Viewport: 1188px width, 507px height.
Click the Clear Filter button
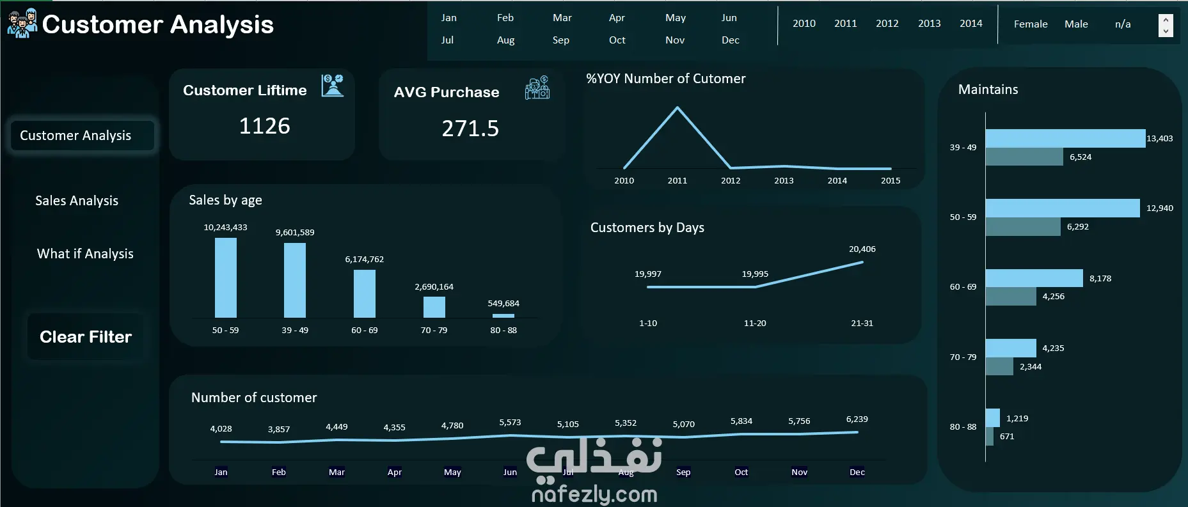click(86, 337)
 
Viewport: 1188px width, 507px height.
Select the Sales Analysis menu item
click(77, 201)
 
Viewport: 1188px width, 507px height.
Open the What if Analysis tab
click(85, 254)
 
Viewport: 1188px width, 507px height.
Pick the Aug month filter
click(505, 40)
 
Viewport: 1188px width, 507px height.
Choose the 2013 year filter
click(929, 24)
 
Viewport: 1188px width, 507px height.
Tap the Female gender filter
click(1031, 24)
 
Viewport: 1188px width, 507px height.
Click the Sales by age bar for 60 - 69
click(365, 293)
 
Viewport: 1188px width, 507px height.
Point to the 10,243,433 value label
click(225, 228)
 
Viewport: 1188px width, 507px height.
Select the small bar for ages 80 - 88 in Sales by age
click(503, 316)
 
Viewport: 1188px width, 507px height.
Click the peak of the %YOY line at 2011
click(677, 107)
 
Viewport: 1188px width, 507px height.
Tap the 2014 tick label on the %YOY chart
click(837, 181)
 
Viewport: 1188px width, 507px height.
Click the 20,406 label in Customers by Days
click(862, 249)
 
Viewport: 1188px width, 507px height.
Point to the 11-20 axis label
click(755, 324)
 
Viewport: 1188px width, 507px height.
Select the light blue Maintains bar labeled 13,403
click(1065, 138)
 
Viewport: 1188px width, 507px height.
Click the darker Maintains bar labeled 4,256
click(1011, 297)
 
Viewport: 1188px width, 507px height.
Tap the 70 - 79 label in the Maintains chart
click(963, 357)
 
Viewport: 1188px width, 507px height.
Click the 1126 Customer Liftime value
click(264, 126)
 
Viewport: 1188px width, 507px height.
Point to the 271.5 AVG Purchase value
click(470, 129)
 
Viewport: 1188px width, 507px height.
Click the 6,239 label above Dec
click(857, 419)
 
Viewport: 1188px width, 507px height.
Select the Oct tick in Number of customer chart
click(741, 472)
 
